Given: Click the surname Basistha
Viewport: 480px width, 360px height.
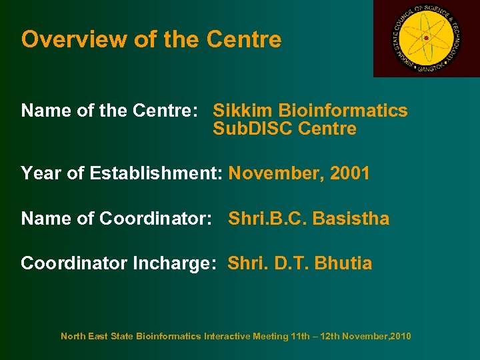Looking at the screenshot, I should pyautogui.click(x=351, y=219).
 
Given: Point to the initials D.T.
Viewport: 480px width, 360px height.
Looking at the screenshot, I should pyautogui.click(x=293, y=263).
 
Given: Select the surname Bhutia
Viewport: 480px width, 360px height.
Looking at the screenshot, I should pyautogui.click(x=344, y=263).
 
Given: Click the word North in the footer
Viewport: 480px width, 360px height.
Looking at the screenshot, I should pyautogui.click(x=73, y=337).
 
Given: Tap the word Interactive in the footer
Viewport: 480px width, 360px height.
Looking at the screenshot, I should pyautogui.click(x=227, y=337).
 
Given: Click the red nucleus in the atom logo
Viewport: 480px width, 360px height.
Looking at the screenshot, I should pyautogui.click(x=426, y=39).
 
